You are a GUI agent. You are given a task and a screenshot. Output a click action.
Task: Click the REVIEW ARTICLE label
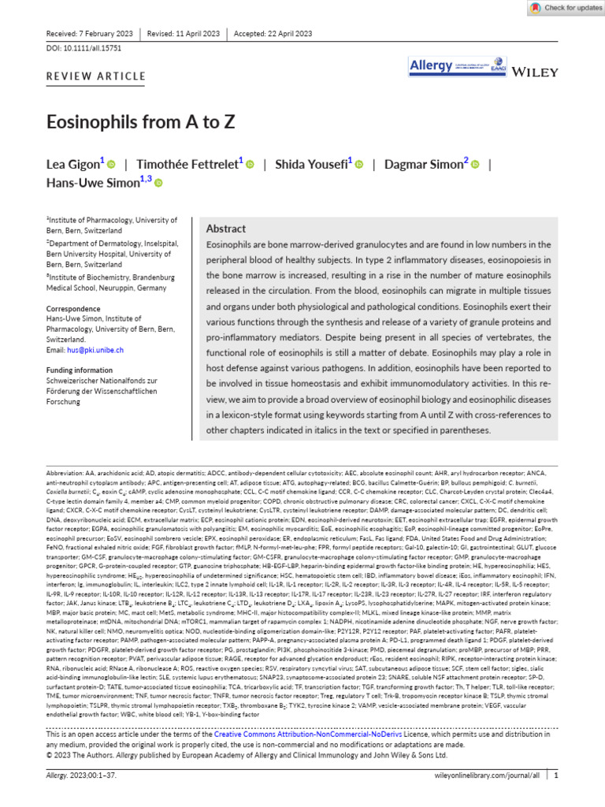pyautogui.click(x=96, y=76)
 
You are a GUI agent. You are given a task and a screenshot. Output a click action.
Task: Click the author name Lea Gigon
pyautogui.click(x=72, y=164)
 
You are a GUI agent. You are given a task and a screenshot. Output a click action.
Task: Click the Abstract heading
pyautogui.click(x=225, y=229)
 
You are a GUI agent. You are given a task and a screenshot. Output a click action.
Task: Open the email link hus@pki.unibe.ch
pyautogui.click(x=84, y=350)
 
